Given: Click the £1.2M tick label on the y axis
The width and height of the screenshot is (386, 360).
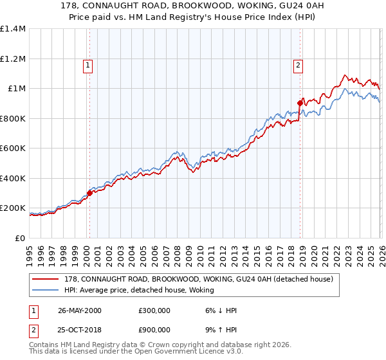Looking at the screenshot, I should (12, 59).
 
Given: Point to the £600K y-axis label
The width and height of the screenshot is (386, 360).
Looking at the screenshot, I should (12, 148).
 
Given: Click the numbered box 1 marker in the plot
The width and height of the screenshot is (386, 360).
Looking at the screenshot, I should (87, 64).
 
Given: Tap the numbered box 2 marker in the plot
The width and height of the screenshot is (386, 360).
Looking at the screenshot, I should (299, 64).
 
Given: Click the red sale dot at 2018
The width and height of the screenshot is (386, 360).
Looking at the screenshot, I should (300, 103).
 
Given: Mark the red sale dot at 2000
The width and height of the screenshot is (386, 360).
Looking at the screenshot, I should (90, 193).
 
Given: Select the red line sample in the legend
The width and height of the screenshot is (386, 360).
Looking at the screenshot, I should (46, 279).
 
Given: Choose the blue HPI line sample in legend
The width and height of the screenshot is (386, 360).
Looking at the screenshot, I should (46, 291).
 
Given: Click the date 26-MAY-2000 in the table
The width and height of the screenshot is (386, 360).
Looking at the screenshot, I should (79, 310).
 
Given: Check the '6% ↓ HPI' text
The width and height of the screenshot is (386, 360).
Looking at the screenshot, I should (218, 310).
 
